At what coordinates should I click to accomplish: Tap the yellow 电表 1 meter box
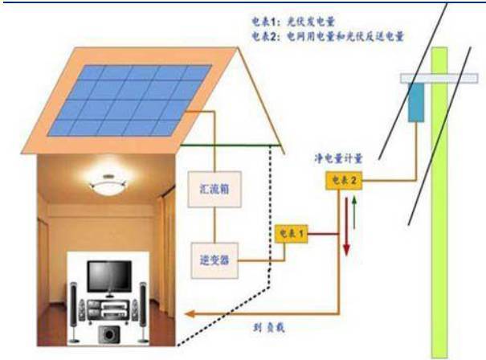coord(291,234)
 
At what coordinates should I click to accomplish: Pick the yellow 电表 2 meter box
coord(341,182)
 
